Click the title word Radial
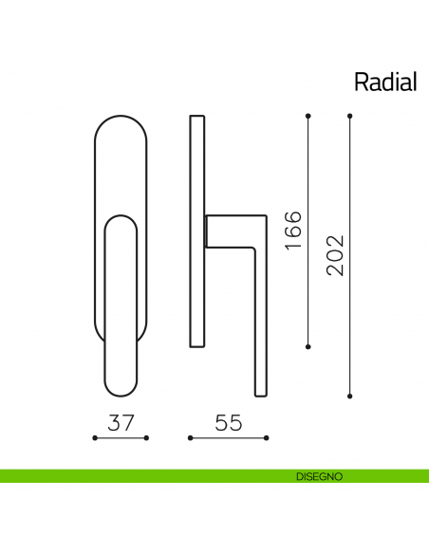[x=385, y=82]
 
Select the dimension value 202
[x=335, y=254]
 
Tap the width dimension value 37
[x=121, y=422]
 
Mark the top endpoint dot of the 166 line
[x=308, y=116]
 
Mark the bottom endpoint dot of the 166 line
[x=308, y=346]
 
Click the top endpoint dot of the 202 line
[x=350, y=116]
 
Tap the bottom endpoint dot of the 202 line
[x=350, y=395]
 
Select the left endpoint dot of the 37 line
[x=95, y=438]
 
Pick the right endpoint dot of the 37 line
[x=146, y=438]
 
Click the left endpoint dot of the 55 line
[x=190, y=438]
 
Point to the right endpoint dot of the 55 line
[x=267, y=438]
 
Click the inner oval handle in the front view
[x=121, y=304]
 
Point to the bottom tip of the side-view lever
[x=261, y=391]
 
